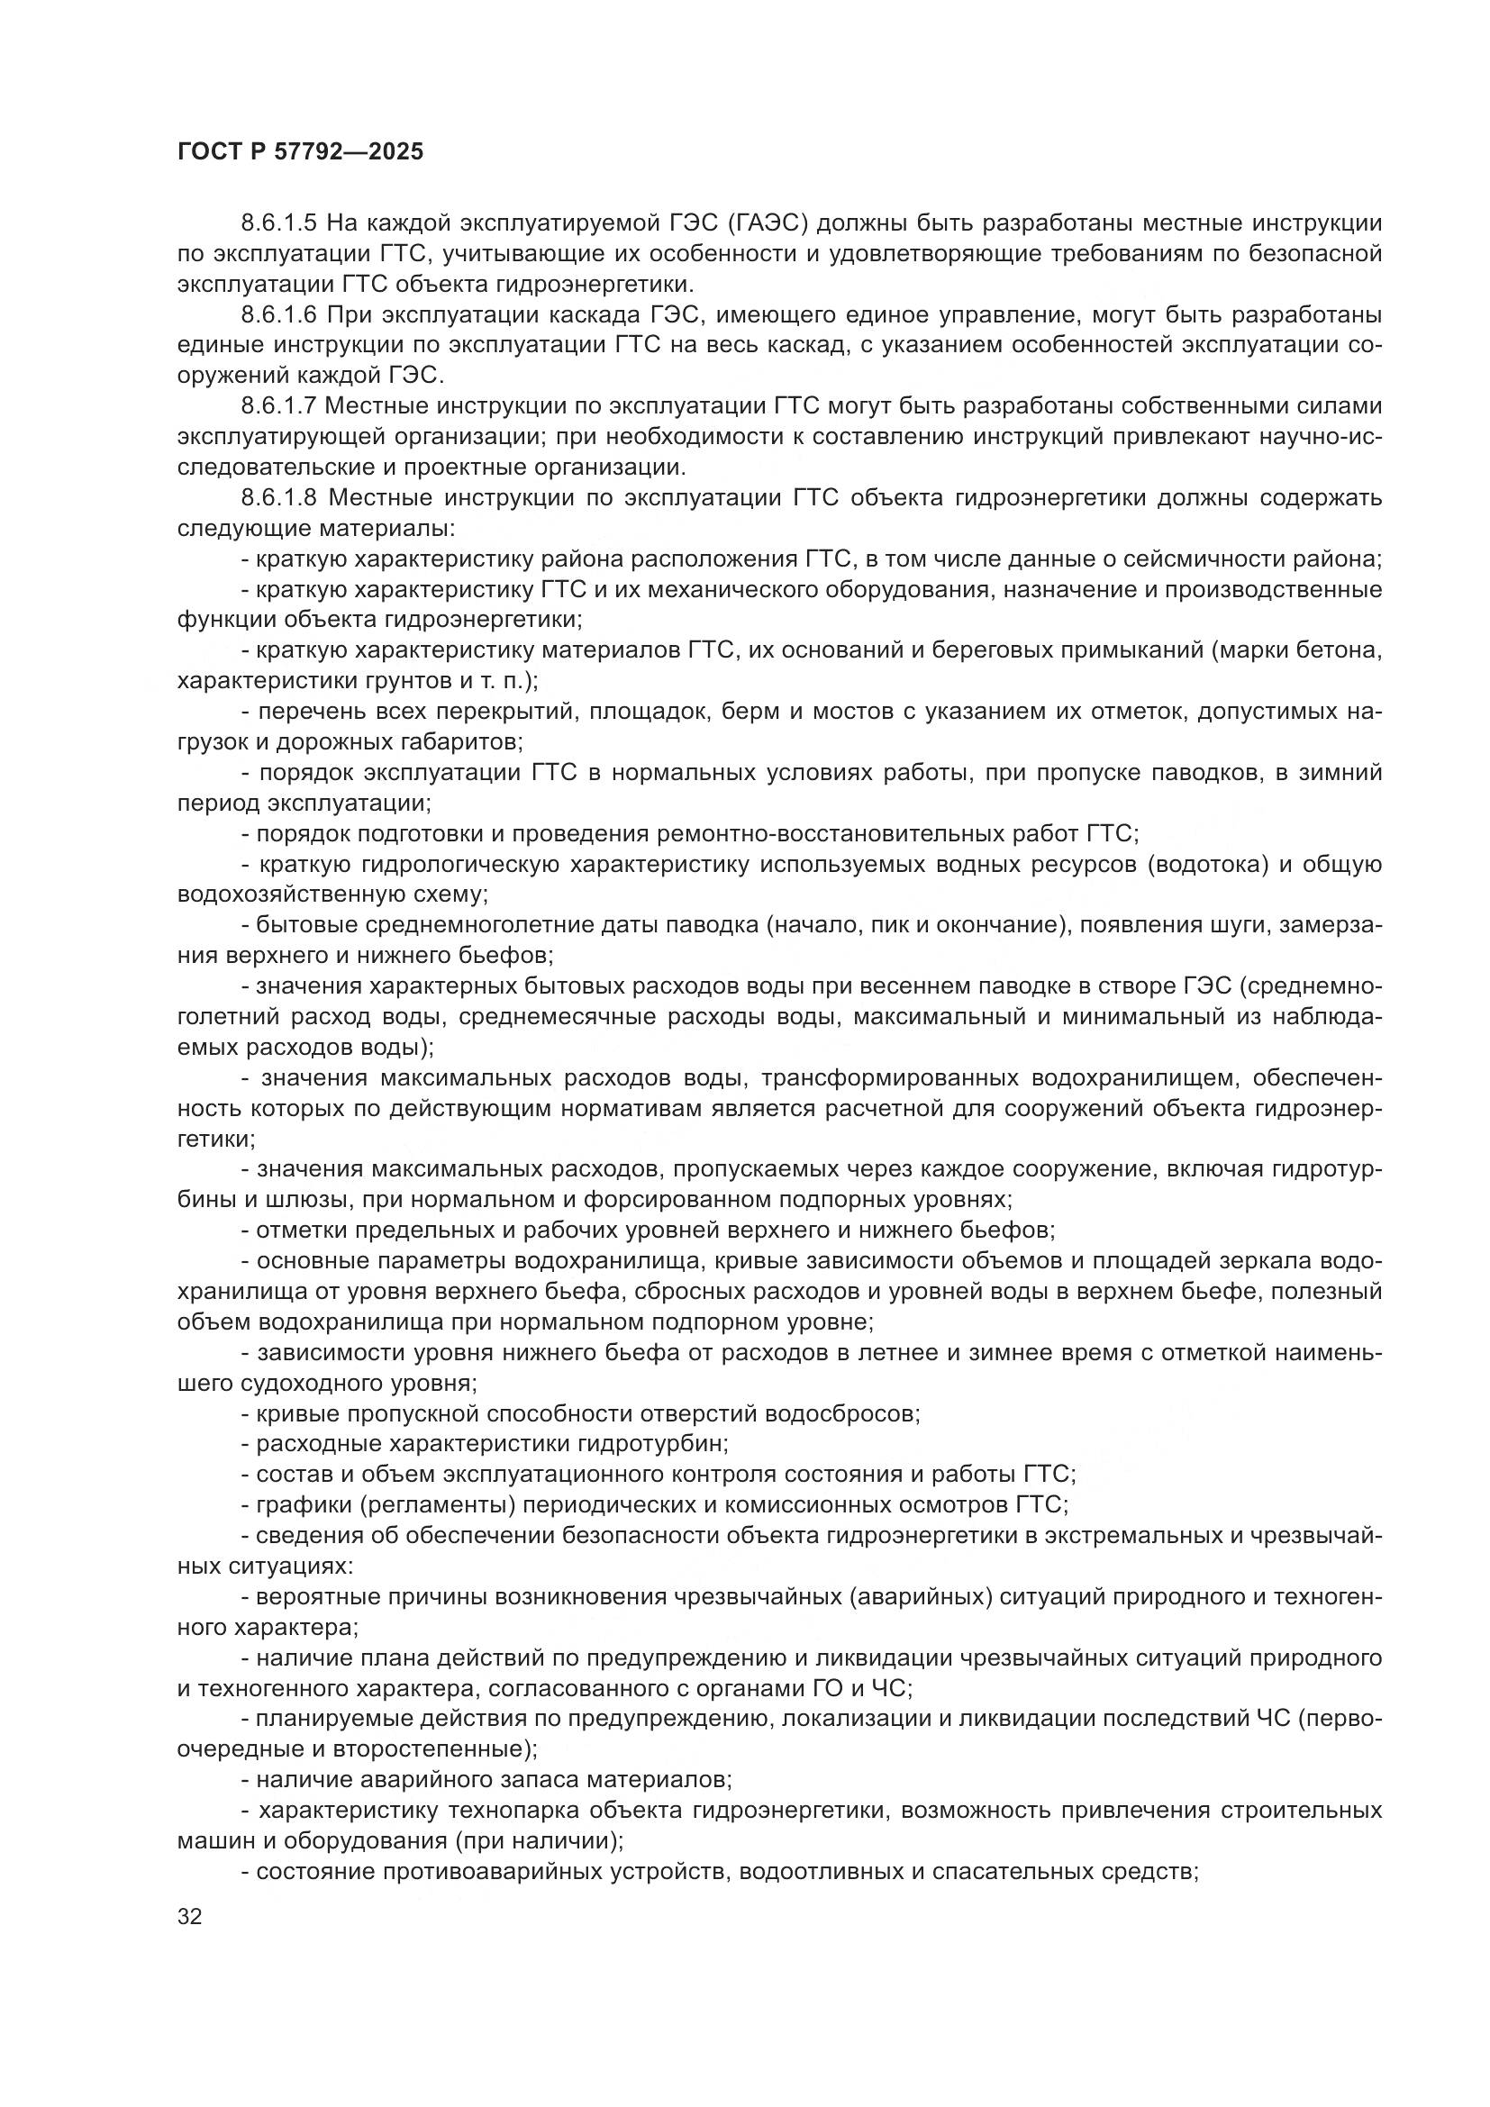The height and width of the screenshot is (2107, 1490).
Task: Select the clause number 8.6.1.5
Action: (279, 223)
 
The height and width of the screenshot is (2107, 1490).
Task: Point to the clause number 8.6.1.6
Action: (279, 314)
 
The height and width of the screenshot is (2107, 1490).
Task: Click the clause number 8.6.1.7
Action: (279, 406)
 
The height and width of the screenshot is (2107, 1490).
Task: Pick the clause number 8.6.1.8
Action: (279, 498)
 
